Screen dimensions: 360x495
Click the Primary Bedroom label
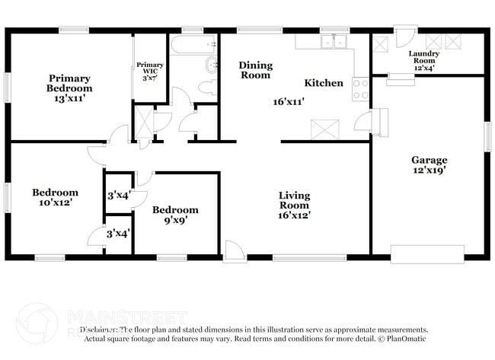click(69, 83)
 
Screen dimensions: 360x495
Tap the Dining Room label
click(255, 70)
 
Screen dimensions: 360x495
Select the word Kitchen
click(324, 83)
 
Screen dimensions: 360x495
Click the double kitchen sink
click(334, 42)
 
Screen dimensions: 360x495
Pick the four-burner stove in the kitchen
click(360, 89)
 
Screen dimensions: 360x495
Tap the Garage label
click(430, 160)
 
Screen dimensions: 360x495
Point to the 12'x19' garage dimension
click(430, 170)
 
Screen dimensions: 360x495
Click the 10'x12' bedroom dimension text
click(55, 203)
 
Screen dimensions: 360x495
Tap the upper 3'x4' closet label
click(118, 196)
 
